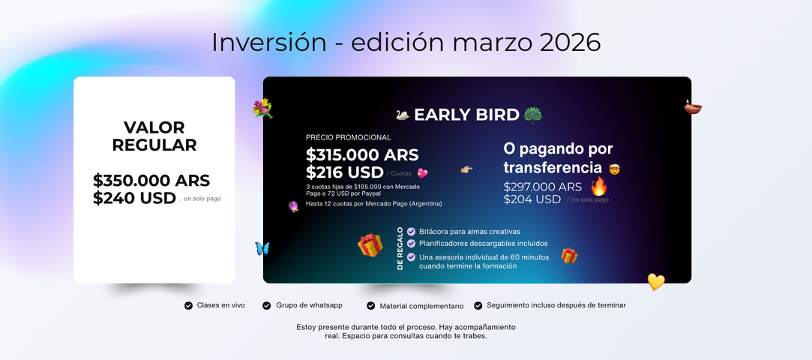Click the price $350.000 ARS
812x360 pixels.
[151, 181]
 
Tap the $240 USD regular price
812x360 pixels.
[135, 198]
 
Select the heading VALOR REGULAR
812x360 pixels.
[154, 136]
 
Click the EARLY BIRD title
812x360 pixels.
[466, 115]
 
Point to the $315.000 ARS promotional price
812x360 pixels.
[362, 154]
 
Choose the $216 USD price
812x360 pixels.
[345, 172]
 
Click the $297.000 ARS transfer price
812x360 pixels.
[543, 187]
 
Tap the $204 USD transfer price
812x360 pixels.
[532, 199]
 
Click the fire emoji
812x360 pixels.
[599, 187]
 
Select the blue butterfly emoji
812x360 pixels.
[262, 248]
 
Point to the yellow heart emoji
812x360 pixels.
[656, 282]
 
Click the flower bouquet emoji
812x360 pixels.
[262, 109]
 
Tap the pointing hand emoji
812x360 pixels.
[466, 169]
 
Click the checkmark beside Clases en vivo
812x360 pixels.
[188, 305]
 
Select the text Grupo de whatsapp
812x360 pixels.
[309, 305]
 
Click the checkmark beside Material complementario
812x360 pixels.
[371, 306]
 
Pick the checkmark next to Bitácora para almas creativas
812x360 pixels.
[411, 232]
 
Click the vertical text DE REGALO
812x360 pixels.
[400, 248]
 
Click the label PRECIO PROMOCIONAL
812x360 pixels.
[349, 137]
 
